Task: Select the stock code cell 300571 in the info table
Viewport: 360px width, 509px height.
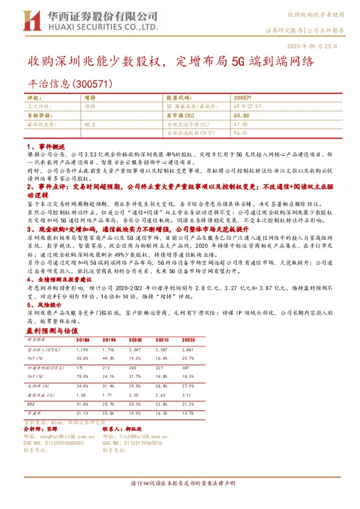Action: [x=242, y=97]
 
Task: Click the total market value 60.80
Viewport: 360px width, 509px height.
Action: [x=241, y=114]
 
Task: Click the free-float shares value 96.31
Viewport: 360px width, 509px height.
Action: [x=241, y=131]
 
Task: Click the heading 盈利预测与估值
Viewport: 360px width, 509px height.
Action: [x=52, y=331]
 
